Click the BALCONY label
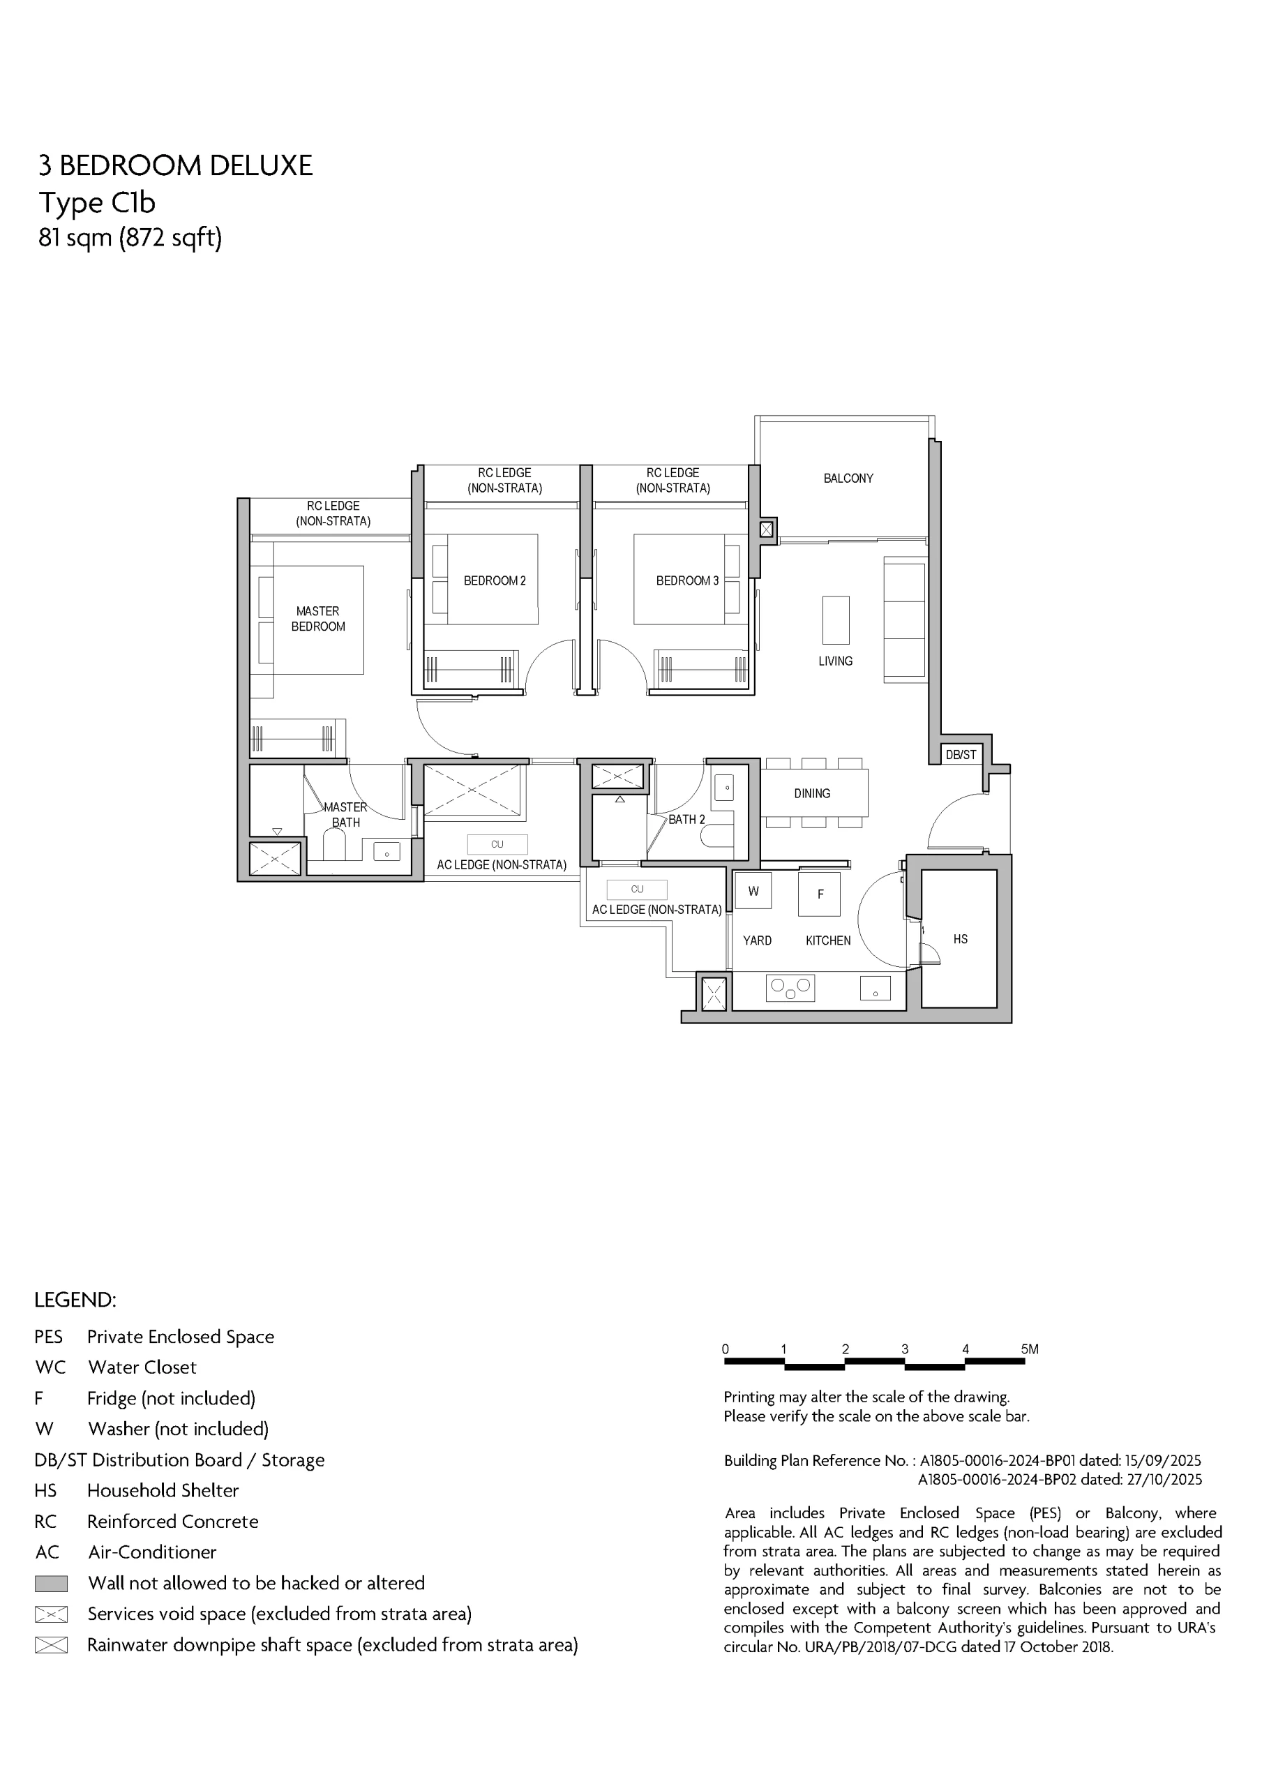point(848,479)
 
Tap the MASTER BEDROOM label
point(318,618)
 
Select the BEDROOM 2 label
point(495,580)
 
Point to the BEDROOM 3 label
point(687,580)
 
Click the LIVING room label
point(836,661)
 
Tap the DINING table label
point(812,793)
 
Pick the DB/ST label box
point(961,755)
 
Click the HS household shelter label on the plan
point(960,939)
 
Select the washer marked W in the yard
point(753,891)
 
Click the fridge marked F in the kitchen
point(819,894)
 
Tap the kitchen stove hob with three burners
point(790,988)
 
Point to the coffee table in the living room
point(836,620)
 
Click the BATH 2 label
point(686,819)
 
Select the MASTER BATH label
point(345,814)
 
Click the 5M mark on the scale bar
point(1030,1349)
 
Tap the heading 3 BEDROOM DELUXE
point(176,165)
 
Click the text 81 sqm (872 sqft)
point(130,237)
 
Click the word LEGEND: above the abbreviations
point(75,1300)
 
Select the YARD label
point(757,940)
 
